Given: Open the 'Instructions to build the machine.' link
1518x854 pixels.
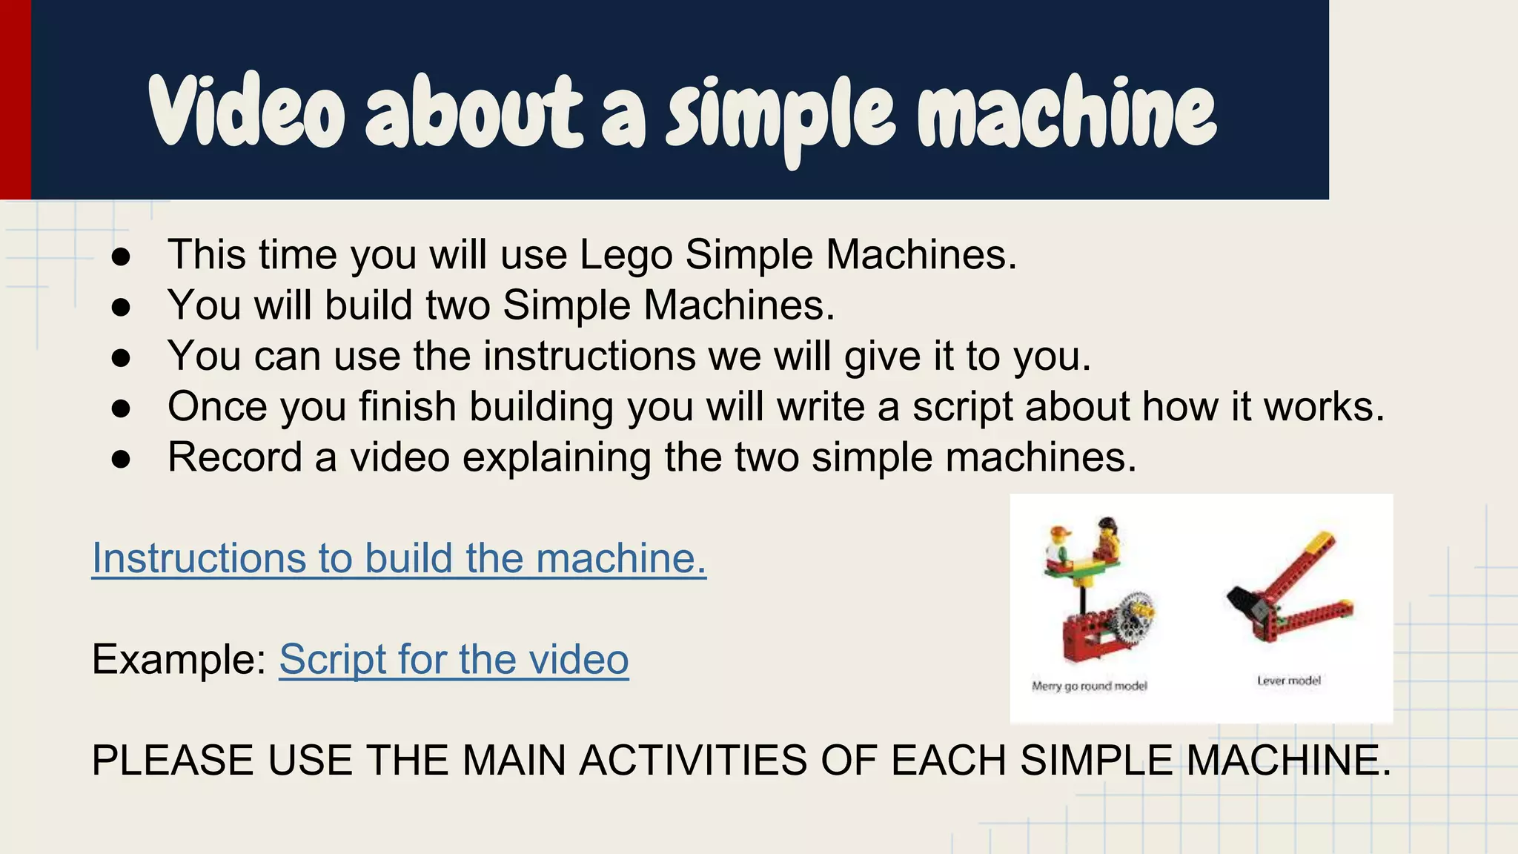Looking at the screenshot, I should coord(399,558).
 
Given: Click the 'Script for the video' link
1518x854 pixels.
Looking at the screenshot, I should coord(454,659).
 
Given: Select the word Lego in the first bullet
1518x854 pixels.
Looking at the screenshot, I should coord(626,255).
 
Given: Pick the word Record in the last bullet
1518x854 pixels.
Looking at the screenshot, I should coord(234,457).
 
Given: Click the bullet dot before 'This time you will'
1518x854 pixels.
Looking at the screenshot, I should coord(121,256).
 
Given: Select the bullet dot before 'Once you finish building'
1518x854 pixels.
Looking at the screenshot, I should coord(121,408).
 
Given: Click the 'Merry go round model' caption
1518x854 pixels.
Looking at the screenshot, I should coord(1089,686).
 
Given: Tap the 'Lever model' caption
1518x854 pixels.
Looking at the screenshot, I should coord(1288,681).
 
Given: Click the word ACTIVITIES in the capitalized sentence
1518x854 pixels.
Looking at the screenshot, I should coord(692,761).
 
